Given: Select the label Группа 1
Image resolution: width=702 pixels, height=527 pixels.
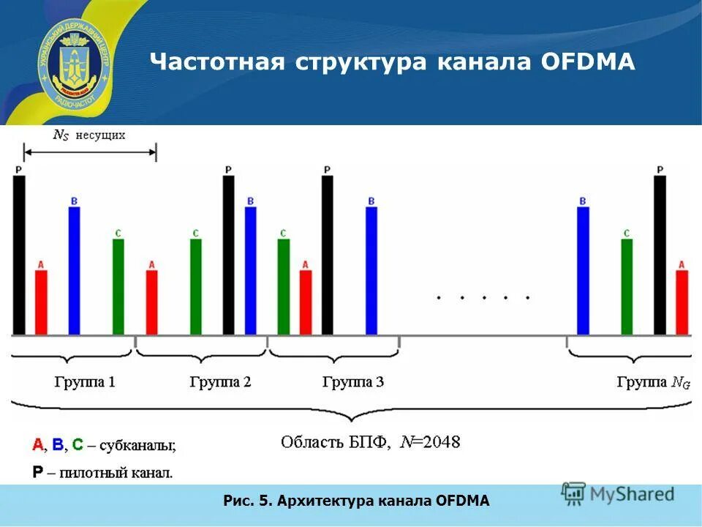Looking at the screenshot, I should tap(85, 382).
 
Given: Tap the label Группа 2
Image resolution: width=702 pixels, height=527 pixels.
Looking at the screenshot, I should tap(220, 382).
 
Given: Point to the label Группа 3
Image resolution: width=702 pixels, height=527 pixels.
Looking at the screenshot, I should tap(352, 382).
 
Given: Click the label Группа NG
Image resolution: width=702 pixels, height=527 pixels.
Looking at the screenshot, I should tap(653, 382).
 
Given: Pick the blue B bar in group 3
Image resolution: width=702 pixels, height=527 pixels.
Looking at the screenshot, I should tap(371, 271).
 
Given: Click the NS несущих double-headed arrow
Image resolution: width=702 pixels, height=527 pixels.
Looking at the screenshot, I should tap(90, 152).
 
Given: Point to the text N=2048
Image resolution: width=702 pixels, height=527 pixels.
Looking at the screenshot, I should tap(430, 442).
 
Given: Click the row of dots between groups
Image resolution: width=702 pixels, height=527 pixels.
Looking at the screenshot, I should tap(483, 298).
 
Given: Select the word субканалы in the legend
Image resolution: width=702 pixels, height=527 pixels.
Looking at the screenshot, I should tap(137, 445).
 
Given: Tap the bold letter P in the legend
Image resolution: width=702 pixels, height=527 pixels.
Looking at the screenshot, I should tap(37, 472).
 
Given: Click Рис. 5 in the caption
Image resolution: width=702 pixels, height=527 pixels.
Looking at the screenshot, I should tap(247, 501).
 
